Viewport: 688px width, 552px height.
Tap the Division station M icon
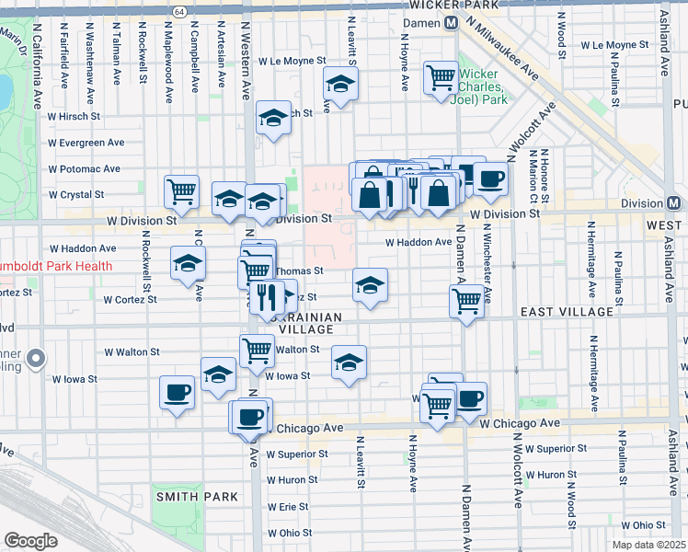coord(673,203)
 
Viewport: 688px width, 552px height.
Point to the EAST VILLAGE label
coord(567,313)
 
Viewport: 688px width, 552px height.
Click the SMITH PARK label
coord(197,497)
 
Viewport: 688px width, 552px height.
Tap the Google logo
coord(30,541)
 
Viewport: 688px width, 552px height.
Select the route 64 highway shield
coord(178,10)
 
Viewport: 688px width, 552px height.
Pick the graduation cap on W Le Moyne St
coord(340,86)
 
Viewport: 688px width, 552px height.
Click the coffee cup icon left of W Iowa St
coord(177,393)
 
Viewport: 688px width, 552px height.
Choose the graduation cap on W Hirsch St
coord(273,117)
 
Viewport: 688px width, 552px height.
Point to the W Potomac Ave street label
coord(86,169)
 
